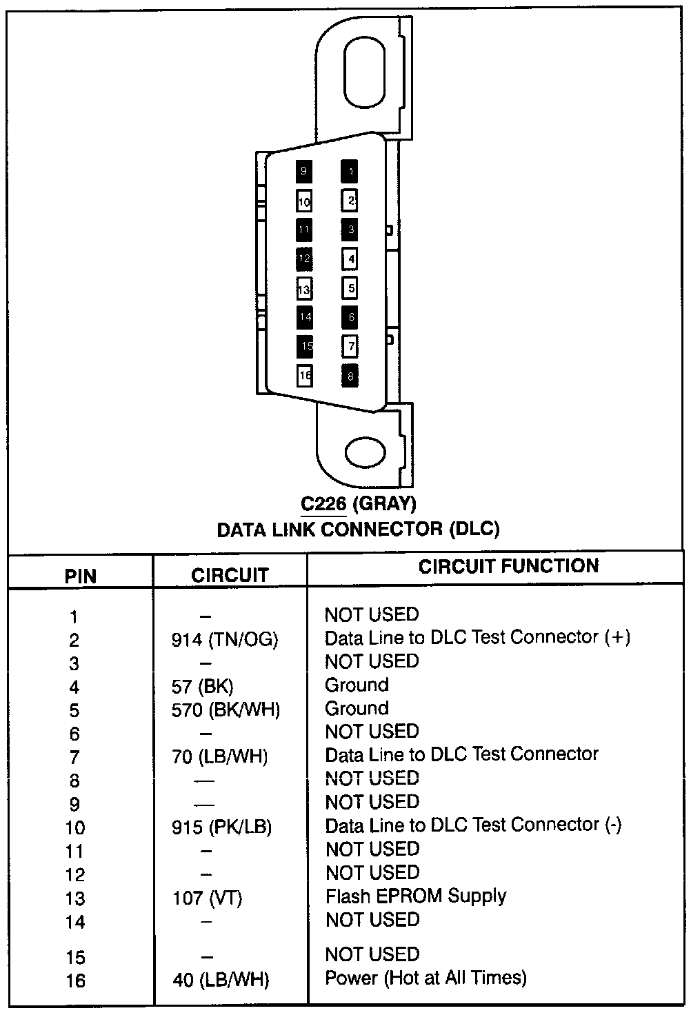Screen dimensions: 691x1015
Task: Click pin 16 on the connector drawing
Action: click(x=305, y=375)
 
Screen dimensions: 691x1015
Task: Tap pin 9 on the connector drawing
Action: click(x=304, y=171)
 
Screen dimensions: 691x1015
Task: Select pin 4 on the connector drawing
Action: click(x=350, y=259)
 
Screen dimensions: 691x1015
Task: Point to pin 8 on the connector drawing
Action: click(x=350, y=376)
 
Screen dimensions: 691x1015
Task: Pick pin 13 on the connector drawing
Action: click(x=304, y=288)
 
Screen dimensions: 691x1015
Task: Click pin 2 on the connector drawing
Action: click(x=350, y=200)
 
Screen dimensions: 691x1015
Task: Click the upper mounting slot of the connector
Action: click(x=365, y=72)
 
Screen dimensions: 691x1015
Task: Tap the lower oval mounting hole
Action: click(x=365, y=452)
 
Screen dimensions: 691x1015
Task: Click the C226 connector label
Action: click(x=323, y=503)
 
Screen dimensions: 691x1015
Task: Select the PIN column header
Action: click(x=81, y=576)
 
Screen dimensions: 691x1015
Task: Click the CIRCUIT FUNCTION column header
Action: click(x=508, y=566)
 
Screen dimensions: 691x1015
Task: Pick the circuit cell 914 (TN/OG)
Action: click(x=225, y=639)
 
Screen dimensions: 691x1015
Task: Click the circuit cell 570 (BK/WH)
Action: click(x=226, y=710)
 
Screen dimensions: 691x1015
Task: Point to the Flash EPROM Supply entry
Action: click(x=416, y=896)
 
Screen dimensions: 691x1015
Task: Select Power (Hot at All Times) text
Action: click(x=426, y=978)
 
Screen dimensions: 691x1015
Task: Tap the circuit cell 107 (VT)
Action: click(x=208, y=898)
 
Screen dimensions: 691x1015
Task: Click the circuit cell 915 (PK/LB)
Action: click(x=221, y=827)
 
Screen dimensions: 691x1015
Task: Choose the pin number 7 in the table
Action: click(x=74, y=757)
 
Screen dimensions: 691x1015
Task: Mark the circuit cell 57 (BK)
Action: click(x=203, y=687)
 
